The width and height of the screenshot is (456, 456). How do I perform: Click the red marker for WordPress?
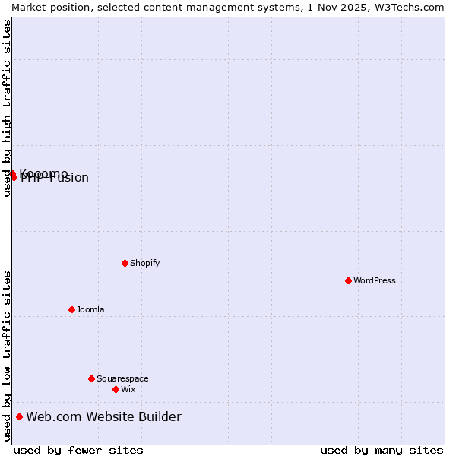[x=348, y=280]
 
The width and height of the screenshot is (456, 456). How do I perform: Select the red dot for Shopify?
[x=125, y=263]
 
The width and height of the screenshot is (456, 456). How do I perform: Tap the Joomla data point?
[x=71, y=309]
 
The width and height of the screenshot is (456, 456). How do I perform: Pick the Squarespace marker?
[x=91, y=378]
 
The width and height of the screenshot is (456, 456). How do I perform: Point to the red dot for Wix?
[x=116, y=389]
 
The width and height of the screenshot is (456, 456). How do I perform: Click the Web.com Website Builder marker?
[x=19, y=416]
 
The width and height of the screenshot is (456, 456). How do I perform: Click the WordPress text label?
[x=375, y=280]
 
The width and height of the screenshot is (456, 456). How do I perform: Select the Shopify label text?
[x=144, y=263]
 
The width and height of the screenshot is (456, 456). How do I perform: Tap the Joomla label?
[x=90, y=309]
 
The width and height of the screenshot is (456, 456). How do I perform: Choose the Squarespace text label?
[x=122, y=378]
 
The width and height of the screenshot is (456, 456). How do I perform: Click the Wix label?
[x=128, y=389]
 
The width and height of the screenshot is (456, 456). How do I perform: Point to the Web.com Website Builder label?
[x=103, y=416]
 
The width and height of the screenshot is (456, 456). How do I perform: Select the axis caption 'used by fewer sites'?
[x=78, y=450]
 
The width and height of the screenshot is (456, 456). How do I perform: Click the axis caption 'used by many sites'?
[x=382, y=450]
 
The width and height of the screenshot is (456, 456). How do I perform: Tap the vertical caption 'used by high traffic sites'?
[x=7, y=108]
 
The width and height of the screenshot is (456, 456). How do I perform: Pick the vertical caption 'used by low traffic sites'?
[x=7, y=356]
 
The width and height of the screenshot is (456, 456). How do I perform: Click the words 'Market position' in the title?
[x=47, y=7]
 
